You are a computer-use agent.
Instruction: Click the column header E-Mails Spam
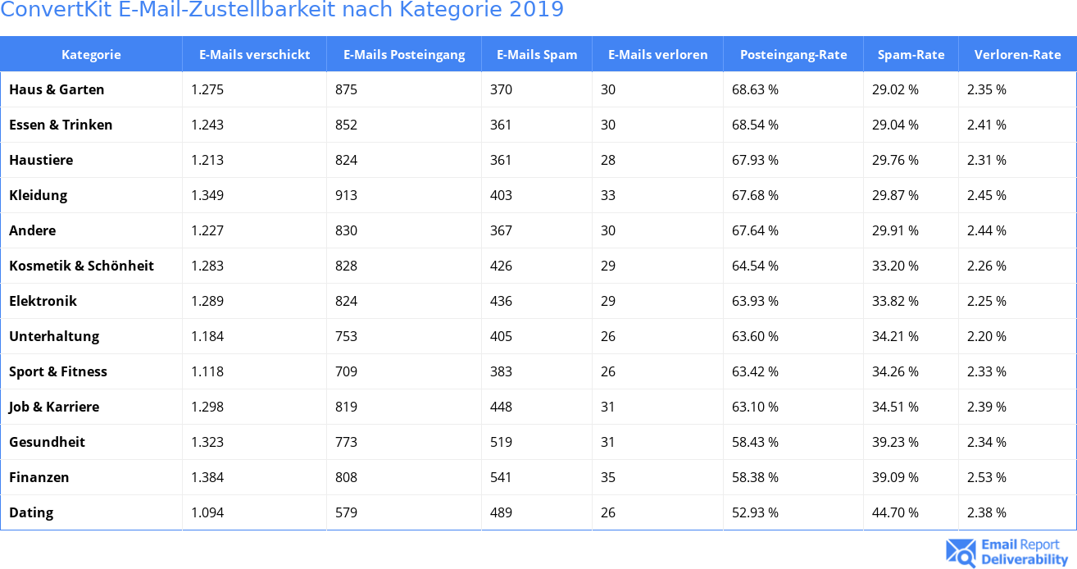[537, 55]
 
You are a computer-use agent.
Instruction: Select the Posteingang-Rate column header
[793, 55]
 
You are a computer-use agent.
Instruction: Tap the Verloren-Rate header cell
[1017, 55]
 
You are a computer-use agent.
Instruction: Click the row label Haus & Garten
[57, 89]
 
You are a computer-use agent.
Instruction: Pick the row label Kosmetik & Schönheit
[81, 266]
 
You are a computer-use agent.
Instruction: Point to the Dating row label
[31, 512]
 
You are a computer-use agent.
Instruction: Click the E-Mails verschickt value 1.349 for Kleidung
[207, 195]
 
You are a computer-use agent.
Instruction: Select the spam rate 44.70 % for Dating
[895, 512]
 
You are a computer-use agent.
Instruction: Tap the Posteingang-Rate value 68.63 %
[755, 89]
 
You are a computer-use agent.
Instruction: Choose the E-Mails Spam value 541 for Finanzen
[501, 477]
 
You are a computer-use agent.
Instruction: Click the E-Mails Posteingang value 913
[346, 195]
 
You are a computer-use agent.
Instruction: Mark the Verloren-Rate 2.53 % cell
[986, 477]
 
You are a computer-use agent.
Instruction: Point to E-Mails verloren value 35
[608, 477]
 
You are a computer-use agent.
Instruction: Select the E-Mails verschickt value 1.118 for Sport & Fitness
[207, 371]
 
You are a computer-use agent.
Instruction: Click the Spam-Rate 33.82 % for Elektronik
[895, 301]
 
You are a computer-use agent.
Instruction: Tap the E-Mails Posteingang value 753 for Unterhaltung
[346, 336]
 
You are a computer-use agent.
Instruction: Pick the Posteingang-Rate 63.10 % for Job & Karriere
[755, 407]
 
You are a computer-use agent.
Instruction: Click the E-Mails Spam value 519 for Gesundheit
[501, 442]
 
